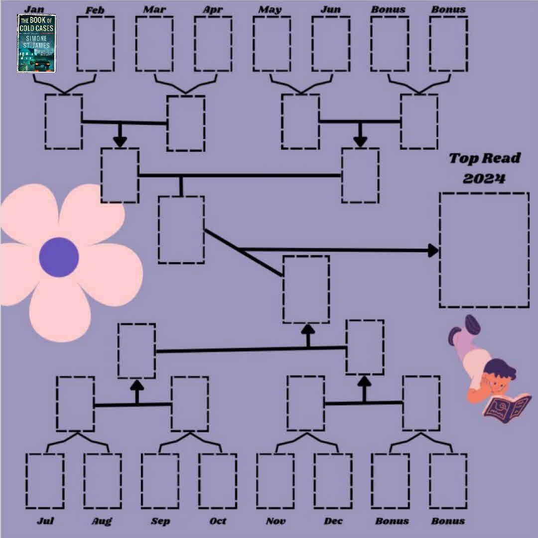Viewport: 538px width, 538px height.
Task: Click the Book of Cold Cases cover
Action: tap(36, 43)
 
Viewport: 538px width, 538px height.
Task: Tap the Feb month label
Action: tap(95, 10)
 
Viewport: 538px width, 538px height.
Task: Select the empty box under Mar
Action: tap(154, 44)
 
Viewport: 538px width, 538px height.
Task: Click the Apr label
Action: tap(213, 9)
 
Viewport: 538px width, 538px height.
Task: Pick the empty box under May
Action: tap(271, 44)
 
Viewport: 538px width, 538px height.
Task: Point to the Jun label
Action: tap(331, 9)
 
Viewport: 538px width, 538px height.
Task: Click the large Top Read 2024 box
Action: tap(484, 250)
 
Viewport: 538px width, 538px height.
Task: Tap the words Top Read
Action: tap(484, 158)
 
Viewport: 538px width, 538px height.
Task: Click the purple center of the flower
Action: tap(59, 257)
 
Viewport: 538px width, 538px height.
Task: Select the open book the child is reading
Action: tap(507, 404)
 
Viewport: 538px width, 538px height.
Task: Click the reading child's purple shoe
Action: tap(471, 324)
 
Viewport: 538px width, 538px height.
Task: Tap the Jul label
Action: tap(45, 521)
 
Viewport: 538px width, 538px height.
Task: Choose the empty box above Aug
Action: tap(103, 480)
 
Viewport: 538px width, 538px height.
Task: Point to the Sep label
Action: tap(160, 521)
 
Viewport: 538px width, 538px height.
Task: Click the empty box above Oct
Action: tap(218, 480)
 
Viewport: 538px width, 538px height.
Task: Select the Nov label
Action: tap(275, 521)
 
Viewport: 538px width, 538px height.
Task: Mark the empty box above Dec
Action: tap(333, 480)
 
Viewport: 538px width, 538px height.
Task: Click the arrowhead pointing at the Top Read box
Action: tap(432, 250)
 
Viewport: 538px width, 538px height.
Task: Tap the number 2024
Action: tap(484, 178)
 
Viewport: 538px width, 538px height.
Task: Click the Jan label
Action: tap(34, 9)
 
